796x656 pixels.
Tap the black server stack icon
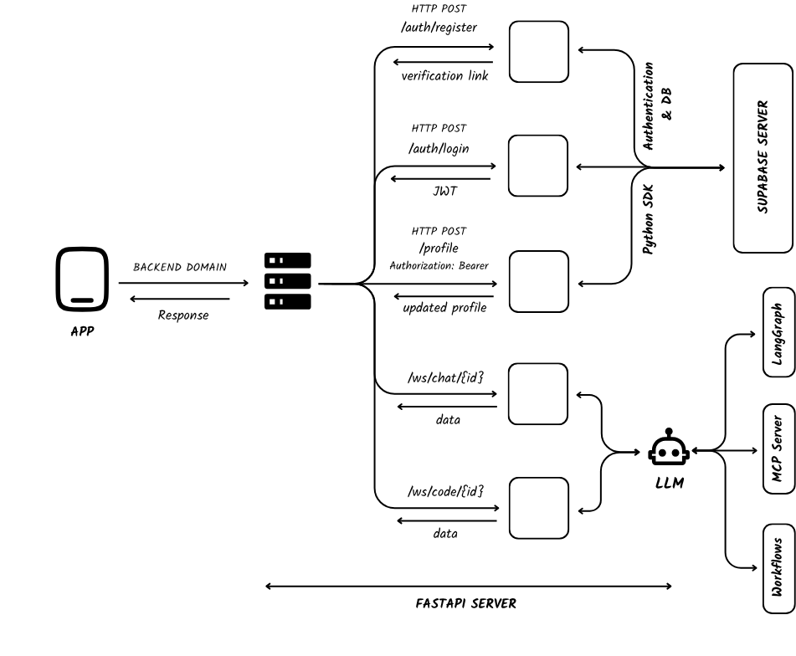(x=287, y=281)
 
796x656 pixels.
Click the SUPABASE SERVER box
(x=763, y=158)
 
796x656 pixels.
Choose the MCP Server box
(x=778, y=449)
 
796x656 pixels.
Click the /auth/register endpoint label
(x=439, y=27)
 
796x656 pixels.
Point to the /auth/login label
(x=439, y=148)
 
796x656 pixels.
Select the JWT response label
(x=444, y=192)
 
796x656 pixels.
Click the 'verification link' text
(x=444, y=75)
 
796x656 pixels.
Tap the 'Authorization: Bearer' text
(x=439, y=265)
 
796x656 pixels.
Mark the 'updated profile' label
(x=444, y=307)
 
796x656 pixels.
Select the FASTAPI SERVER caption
(x=466, y=602)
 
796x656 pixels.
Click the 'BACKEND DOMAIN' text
(x=180, y=267)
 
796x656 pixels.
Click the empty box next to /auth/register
(x=538, y=52)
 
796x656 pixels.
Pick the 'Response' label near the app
(x=183, y=315)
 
